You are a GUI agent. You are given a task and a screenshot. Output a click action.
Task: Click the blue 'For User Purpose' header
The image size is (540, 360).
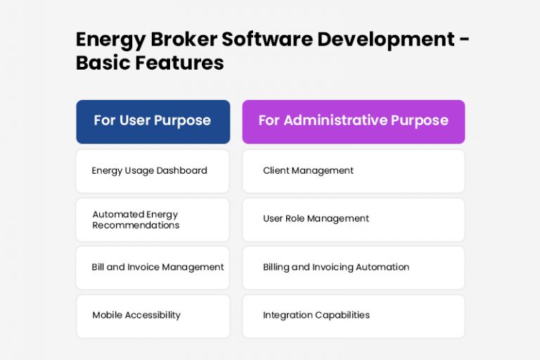[153, 121]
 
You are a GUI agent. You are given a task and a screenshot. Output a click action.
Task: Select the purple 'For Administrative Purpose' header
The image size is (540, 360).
[353, 121]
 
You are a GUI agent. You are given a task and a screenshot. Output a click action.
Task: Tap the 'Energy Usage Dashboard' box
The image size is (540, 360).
[153, 171]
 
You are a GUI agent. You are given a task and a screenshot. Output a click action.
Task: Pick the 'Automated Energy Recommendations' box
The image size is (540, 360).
[153, 219]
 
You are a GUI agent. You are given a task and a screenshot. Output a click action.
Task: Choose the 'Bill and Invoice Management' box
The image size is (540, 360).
[153, 267]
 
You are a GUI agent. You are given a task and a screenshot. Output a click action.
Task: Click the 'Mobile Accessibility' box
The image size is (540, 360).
[153, 316]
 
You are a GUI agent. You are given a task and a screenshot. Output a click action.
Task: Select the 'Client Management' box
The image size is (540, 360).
[353, 171]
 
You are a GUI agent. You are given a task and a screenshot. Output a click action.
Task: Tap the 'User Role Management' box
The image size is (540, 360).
[353, 219]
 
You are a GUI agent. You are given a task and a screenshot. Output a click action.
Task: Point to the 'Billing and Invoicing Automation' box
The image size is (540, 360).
[353, 267]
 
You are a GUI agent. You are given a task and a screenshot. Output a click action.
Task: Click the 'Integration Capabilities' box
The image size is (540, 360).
[353, 316]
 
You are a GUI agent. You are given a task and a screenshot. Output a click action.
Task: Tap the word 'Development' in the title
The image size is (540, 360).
[386, 40]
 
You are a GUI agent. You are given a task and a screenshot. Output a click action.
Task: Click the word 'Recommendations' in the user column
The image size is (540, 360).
[136, 225]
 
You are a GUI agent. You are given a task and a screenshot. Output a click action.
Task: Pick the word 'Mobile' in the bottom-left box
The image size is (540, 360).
[107, 315]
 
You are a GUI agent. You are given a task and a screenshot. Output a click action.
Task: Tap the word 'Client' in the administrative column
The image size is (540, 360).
[276, 171]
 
